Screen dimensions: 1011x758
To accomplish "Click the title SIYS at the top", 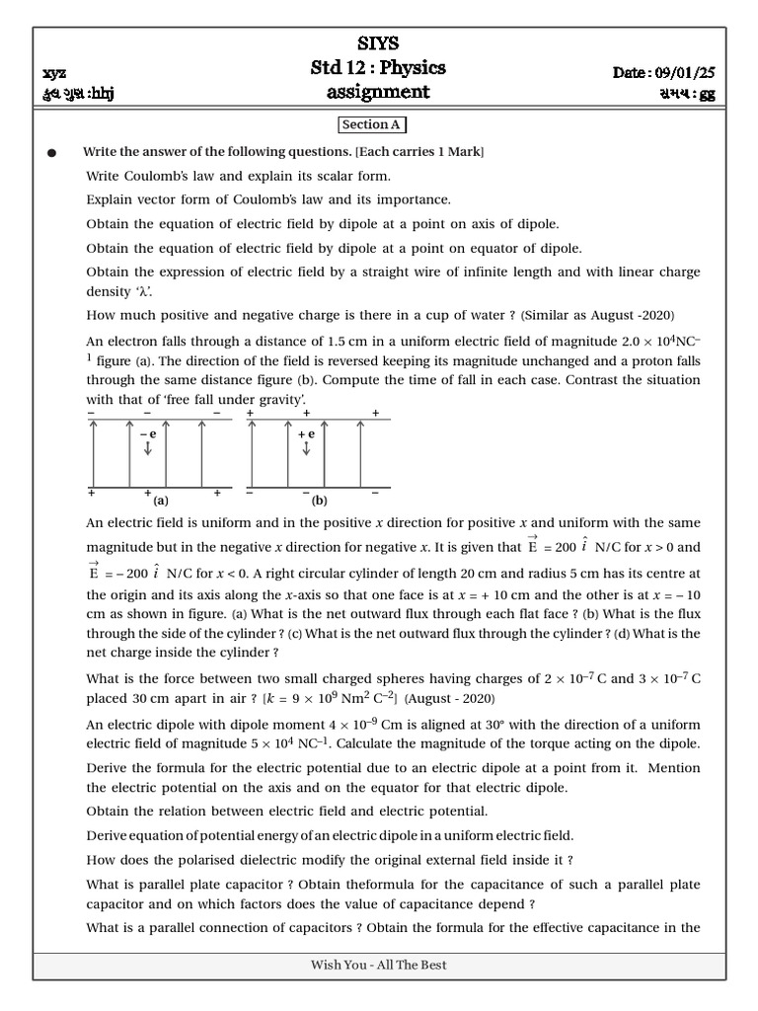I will click(x=379, y=43).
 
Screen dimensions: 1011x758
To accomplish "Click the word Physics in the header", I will click(x=412, y=67).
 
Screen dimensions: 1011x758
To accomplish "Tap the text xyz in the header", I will click(x=55, y=73).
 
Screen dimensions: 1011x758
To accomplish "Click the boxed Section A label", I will click(x=371, y=124).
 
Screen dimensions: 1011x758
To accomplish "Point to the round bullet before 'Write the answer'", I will click(x=51, y=153).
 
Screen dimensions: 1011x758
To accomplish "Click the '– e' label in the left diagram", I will click(x=148, y=433).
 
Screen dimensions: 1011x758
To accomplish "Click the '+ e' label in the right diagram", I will click(x=306, y=433).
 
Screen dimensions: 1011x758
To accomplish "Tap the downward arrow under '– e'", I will click(x=148, y=450).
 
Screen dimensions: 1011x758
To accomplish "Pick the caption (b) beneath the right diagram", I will click(x=319, y=501).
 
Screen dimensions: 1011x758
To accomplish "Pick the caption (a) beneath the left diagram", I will click(x=161, y=501).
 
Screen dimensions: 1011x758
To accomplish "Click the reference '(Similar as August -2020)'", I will click(x=597, y=315).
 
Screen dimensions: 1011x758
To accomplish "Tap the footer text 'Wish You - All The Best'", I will click(x=379, y=965).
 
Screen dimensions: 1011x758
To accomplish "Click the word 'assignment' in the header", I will click(x=378, y=92).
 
